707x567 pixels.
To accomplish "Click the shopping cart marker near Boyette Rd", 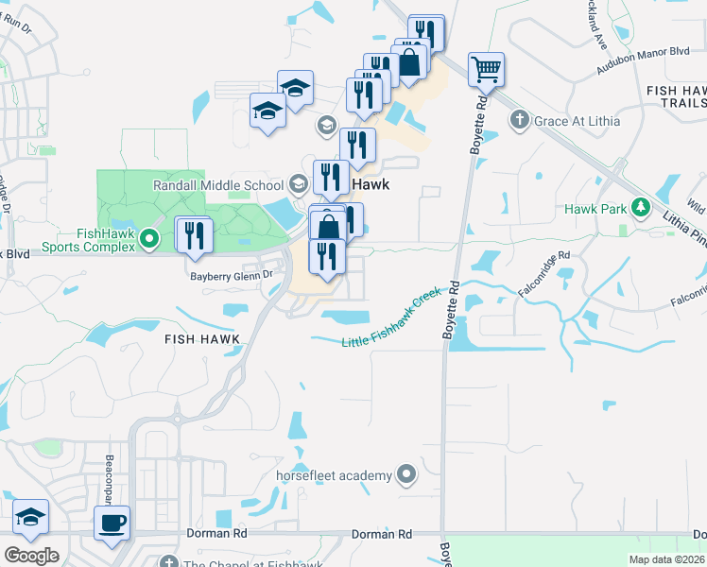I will (x=486, y=69).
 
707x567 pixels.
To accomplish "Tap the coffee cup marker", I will (x=112, y=524).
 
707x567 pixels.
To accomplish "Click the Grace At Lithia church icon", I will (x=517, y=120).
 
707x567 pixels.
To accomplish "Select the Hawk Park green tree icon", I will (x=641, y=207).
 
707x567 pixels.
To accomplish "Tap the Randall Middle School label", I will (x=218, y=185).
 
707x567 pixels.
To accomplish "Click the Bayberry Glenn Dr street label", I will (x=232, y=276).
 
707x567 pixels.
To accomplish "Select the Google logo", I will (x=31, y=556).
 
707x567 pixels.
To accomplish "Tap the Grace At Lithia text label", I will (x=571, y=121).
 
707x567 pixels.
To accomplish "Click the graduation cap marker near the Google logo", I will (x=31, y=518).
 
